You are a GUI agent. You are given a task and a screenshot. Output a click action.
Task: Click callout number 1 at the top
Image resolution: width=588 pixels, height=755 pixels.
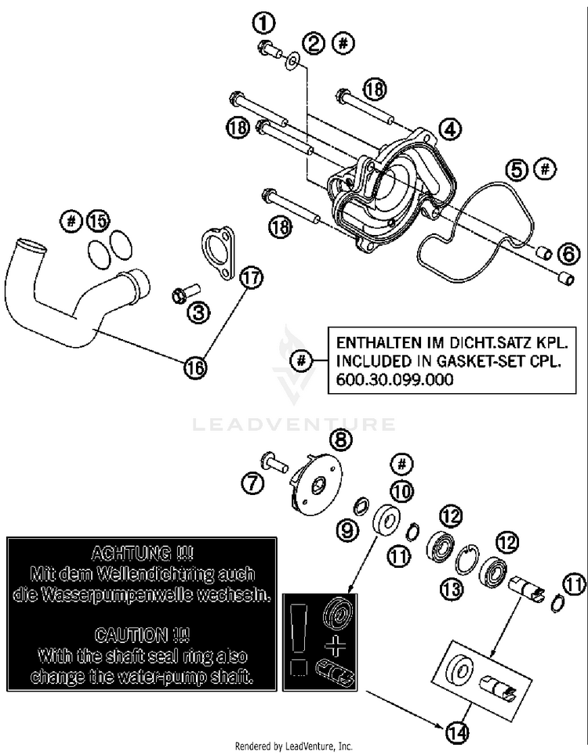[x=265, y=23]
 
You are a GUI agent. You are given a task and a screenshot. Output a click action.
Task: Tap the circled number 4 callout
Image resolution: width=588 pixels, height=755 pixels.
[x=450, y=129]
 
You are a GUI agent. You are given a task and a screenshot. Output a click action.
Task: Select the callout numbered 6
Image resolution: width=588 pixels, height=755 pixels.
[x=569, y=254]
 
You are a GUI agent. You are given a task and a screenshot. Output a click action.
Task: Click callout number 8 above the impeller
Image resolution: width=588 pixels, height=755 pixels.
[x=341, y=439]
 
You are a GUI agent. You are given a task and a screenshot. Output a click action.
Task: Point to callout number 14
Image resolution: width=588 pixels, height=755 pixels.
[x=457, y=733]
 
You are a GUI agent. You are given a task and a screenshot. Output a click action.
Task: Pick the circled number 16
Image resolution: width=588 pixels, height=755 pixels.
[x=194, y=368]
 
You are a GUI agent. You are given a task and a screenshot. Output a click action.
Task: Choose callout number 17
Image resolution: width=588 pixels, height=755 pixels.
[x=252, y=278]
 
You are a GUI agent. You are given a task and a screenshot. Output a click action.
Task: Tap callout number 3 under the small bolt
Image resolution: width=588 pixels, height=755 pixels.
[x=198, y=312]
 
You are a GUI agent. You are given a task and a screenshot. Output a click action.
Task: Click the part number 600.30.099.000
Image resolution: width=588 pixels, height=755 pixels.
[x=394, y=379]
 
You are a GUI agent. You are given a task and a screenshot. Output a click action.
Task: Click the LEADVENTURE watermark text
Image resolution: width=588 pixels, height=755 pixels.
[x=294, y=424]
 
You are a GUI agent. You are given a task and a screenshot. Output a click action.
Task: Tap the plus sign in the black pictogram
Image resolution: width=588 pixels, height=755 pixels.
[x=336, y=646]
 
